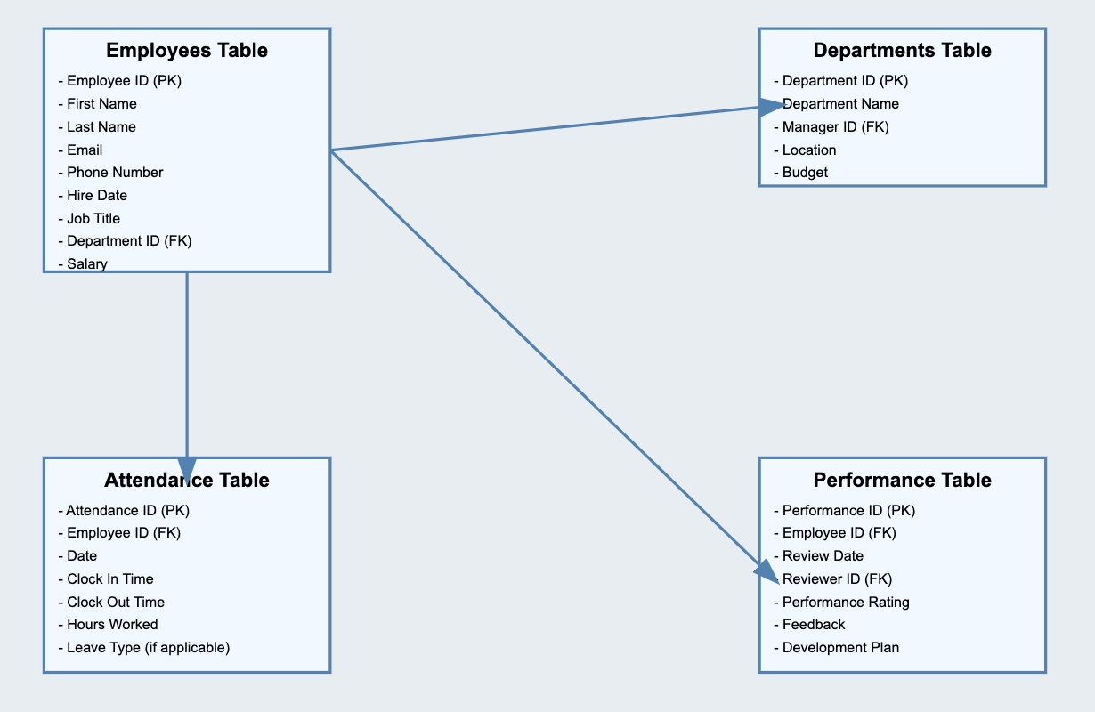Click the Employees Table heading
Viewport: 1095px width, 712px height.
click(187, 51)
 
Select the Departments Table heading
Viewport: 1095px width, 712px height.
click(902, 51)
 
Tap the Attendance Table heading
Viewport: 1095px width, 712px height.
click(187, 481)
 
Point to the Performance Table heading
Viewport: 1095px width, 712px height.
click(902, 481)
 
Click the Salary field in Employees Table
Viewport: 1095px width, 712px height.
click(86, 263)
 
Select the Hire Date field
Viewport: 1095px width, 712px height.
click(97, 195)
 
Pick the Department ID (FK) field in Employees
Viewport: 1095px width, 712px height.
click(129, 241)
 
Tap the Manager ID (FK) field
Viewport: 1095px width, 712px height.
click(835, 126)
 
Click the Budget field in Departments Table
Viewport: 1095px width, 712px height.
click(805, 173)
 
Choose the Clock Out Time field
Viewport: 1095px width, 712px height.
click(116, 602)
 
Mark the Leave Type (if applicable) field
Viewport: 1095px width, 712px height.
click(148, 647)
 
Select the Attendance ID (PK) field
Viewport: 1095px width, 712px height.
click(128, 510)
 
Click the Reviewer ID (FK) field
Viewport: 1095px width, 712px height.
click(837, 579)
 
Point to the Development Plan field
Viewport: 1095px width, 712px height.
click(840, 647)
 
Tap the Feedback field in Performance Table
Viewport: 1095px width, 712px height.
click(814, 625)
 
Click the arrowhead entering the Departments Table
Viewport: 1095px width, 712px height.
click(770, 107)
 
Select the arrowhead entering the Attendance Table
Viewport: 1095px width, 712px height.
click(187, 469)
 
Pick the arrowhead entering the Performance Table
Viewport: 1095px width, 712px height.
click(766, 570)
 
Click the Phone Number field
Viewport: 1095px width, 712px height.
click(115, 172)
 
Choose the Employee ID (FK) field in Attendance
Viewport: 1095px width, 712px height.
click(124, 533)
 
